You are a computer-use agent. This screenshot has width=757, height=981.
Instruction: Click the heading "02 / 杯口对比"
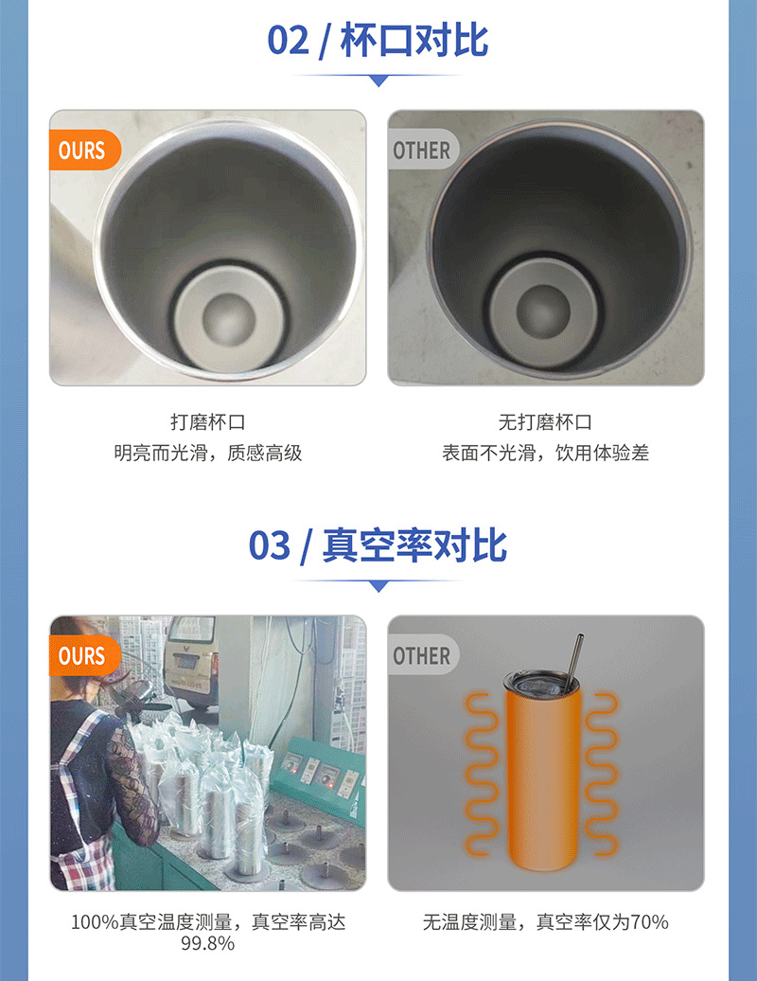click(378, 41)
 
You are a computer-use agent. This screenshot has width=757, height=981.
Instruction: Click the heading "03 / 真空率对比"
click(378, 546)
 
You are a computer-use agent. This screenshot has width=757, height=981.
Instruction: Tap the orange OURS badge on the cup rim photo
click(82, 151)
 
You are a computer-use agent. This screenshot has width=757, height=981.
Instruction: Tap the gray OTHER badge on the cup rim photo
click(421, 151)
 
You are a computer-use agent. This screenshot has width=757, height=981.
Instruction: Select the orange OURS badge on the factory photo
click(82, 655)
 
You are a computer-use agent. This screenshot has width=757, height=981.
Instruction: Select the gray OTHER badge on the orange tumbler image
click(421, 655)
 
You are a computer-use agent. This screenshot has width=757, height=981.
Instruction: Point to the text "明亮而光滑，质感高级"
click(207, 453)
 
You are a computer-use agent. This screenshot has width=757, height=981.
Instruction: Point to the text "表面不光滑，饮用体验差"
click(545, 453)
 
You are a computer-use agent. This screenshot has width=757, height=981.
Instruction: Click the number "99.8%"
click(207, 943)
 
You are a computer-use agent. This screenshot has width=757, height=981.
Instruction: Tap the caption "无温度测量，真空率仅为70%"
click(545, 921)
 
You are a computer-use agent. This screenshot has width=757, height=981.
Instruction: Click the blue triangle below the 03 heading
click(378, 586)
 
